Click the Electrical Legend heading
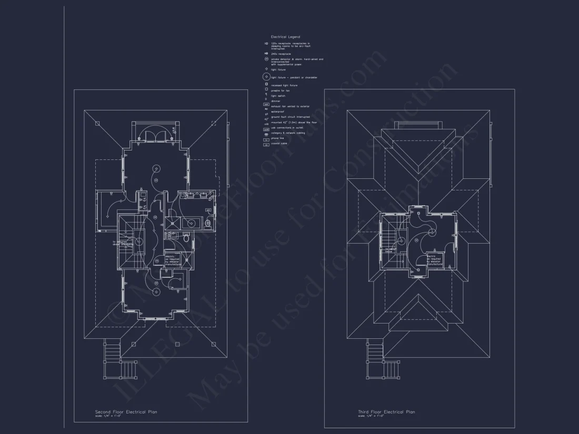click(285, 37)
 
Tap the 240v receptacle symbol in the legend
click(266, 54)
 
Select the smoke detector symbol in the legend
click(266, 59)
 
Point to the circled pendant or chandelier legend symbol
click(266, 77)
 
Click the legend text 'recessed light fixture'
click(284, 85)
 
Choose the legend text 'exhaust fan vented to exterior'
click(291, 106)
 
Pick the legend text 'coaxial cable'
click(279, 144)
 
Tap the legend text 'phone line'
click(278, 139)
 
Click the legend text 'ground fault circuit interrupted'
click(290, 117)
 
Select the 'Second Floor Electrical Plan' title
click(126, 412)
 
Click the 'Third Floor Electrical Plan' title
click(386, 412)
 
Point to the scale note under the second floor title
click(108, 416)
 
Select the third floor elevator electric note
click(434, 260)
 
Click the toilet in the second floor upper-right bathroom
click(208, 223)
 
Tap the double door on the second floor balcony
click(155, 135)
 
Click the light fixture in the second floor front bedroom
click(156, 290)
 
